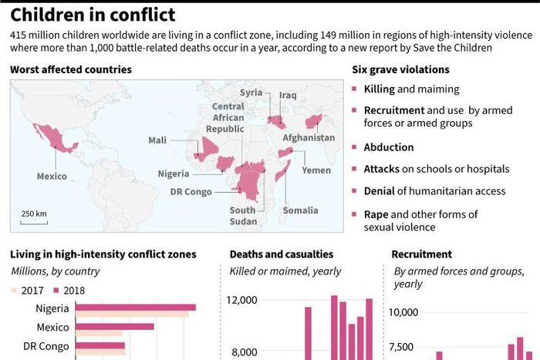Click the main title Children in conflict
92,15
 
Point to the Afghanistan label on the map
309,138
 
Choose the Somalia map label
300,210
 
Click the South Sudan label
242,216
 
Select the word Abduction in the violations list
389,147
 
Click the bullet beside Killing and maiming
355,90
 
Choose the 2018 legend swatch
56,291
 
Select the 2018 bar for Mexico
115,326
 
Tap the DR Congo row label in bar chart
46,346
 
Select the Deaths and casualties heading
282,254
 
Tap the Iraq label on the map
288,94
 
